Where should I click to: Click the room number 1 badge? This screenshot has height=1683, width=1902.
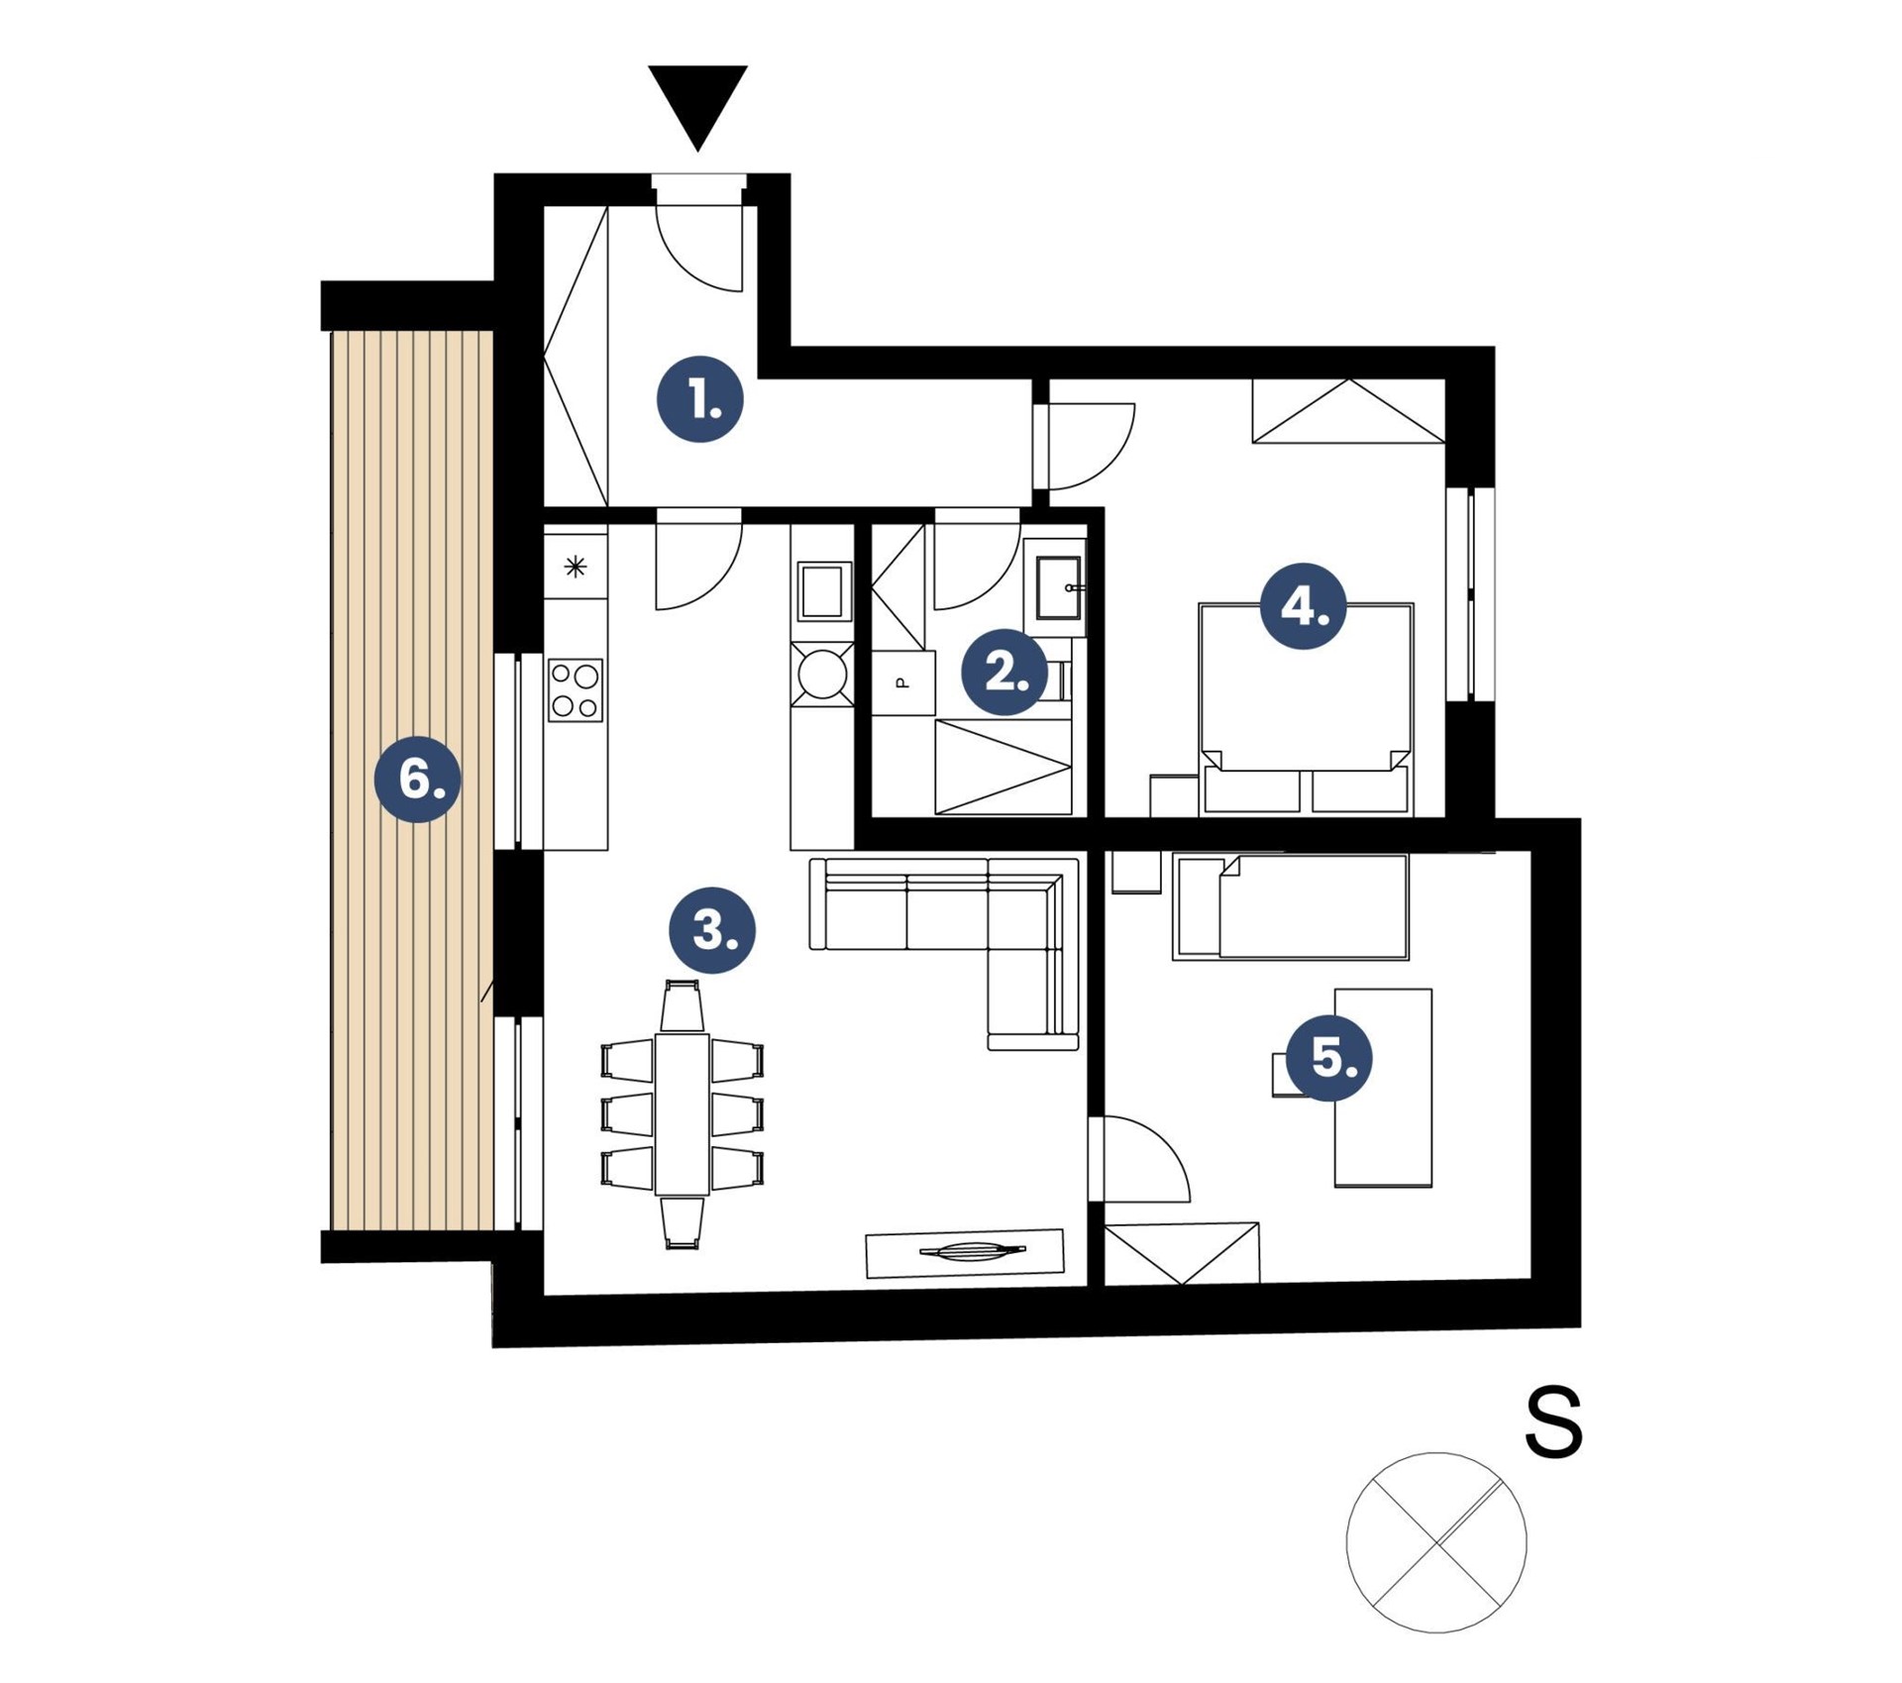click(700, 399)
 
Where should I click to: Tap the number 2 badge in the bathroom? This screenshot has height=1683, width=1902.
click(1004, 673)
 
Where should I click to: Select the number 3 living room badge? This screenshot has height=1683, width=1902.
click(711, 930)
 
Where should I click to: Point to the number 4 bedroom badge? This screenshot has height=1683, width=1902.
click(1303, 605)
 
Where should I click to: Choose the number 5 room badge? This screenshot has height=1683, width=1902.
click(1329, 1058)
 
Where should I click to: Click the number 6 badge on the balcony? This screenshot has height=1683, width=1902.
click(418, 779)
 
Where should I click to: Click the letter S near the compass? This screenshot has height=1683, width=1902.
click(1553, 1421)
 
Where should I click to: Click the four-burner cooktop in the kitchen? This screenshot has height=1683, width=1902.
click(576, 689)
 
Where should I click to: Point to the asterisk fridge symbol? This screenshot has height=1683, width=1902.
click(576, 567)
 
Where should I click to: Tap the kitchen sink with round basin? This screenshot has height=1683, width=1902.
click(822, 674)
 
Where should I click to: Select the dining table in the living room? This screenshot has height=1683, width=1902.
click(682, 1113)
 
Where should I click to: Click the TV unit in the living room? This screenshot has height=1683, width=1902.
click(965, 1253)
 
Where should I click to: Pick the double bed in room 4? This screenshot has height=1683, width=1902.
click(1306, 709)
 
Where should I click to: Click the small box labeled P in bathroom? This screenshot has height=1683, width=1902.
click(902, 683)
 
